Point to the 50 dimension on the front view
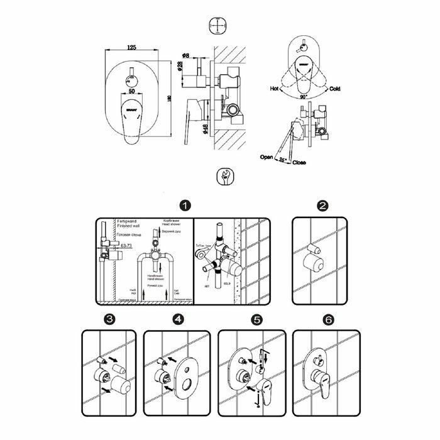(x=131, y=91)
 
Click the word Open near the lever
(x=267, y=158)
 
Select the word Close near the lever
(x=299, y=162)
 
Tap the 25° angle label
(x=282, y=160)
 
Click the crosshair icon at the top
(x=217, y=26)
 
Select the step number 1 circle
(x=184, y=206)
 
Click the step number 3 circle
(x=111, y=319)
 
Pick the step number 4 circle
(x=179, y=319)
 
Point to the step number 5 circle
(x=256, y=319)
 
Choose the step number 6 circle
(x=327, y=319)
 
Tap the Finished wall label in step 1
(x=129, y=228)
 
